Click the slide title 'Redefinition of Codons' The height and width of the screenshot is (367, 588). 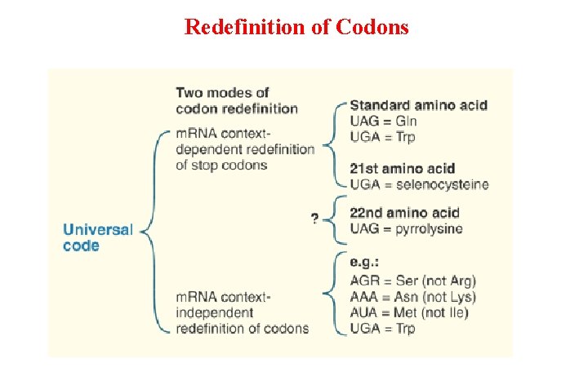296,27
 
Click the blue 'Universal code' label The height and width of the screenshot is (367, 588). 96,237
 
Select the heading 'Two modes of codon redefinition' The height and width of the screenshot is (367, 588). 237,100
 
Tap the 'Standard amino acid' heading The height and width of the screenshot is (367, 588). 418,104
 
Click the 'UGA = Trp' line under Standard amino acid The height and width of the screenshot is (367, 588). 382,136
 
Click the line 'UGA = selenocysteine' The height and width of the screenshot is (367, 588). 419,184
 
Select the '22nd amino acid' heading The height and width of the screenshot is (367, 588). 404,213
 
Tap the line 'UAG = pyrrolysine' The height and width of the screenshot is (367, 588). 406,228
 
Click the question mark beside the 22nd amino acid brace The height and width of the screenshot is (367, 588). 314,219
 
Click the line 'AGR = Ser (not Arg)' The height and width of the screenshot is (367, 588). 412,281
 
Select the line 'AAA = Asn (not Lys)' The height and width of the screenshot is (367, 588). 412,297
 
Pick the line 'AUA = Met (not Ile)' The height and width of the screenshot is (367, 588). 410,312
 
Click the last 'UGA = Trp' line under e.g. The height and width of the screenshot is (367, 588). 382,328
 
